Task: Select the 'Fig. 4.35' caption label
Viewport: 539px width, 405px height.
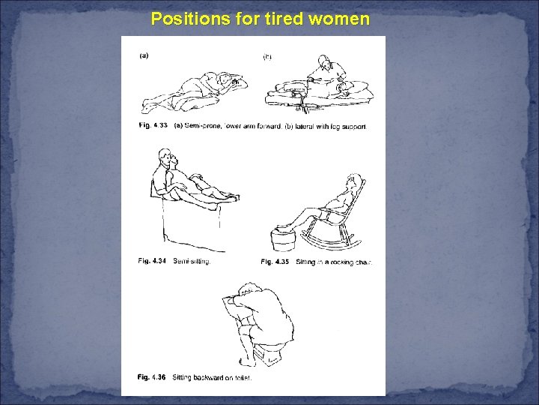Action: coord(275,262)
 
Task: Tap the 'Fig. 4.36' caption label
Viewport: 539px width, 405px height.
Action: coord(153,377)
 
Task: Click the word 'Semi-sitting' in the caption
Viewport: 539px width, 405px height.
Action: coord(192,262)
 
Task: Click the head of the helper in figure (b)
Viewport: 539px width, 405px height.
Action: coord(323,62)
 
